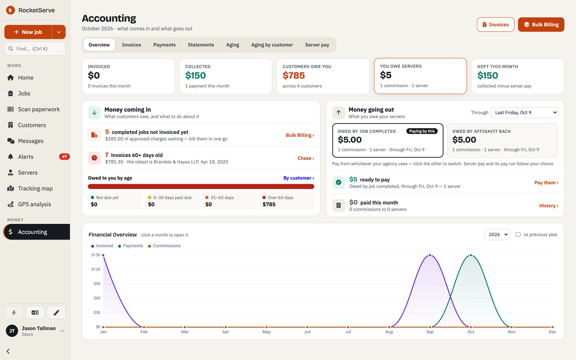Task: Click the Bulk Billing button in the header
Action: tap(541, 24)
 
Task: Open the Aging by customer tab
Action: tap(272, 45)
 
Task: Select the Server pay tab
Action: tap(317, 45)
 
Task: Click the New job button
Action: tap(28, 32)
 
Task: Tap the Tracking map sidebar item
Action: tap(35, 189)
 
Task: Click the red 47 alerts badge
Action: tap(64, 157)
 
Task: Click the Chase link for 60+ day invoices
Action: tap(306, 158)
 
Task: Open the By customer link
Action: tap(298, 178)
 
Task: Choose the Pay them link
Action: tap(546, 183)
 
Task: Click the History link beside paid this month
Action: tap(549, 206)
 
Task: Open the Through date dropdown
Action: tap(524, 113)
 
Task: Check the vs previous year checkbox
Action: tap(518, 234)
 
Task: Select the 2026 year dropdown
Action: tap(496, 234)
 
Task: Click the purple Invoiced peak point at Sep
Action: tap(430, 255)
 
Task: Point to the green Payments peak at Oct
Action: tap(471, 255)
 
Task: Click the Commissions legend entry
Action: tap(164, 246)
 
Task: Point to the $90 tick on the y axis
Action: tap(97, 284)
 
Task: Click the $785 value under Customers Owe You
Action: tap(294, 76)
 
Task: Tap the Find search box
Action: tap(35, 49)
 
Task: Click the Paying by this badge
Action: tap(422, 131)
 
